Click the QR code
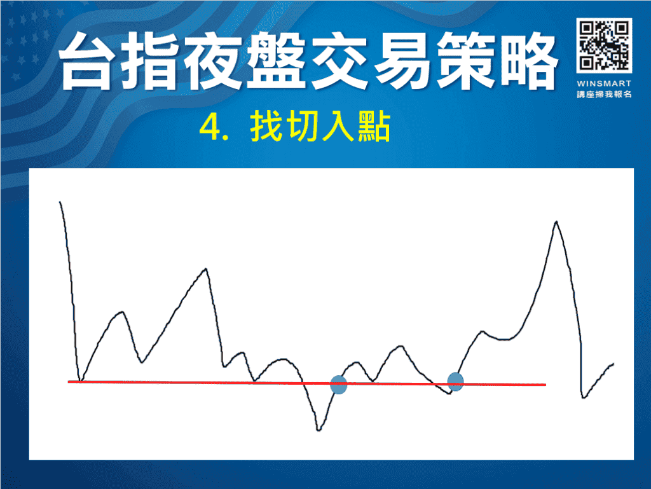tap(604, 45)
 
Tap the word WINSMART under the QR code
tap(604, 83)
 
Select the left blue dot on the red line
tap(339, 385)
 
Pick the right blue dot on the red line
tap(455, 382)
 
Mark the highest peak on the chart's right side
tap(556, 222)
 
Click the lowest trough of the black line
tap(319, 430)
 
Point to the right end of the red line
tap(545, 385)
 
